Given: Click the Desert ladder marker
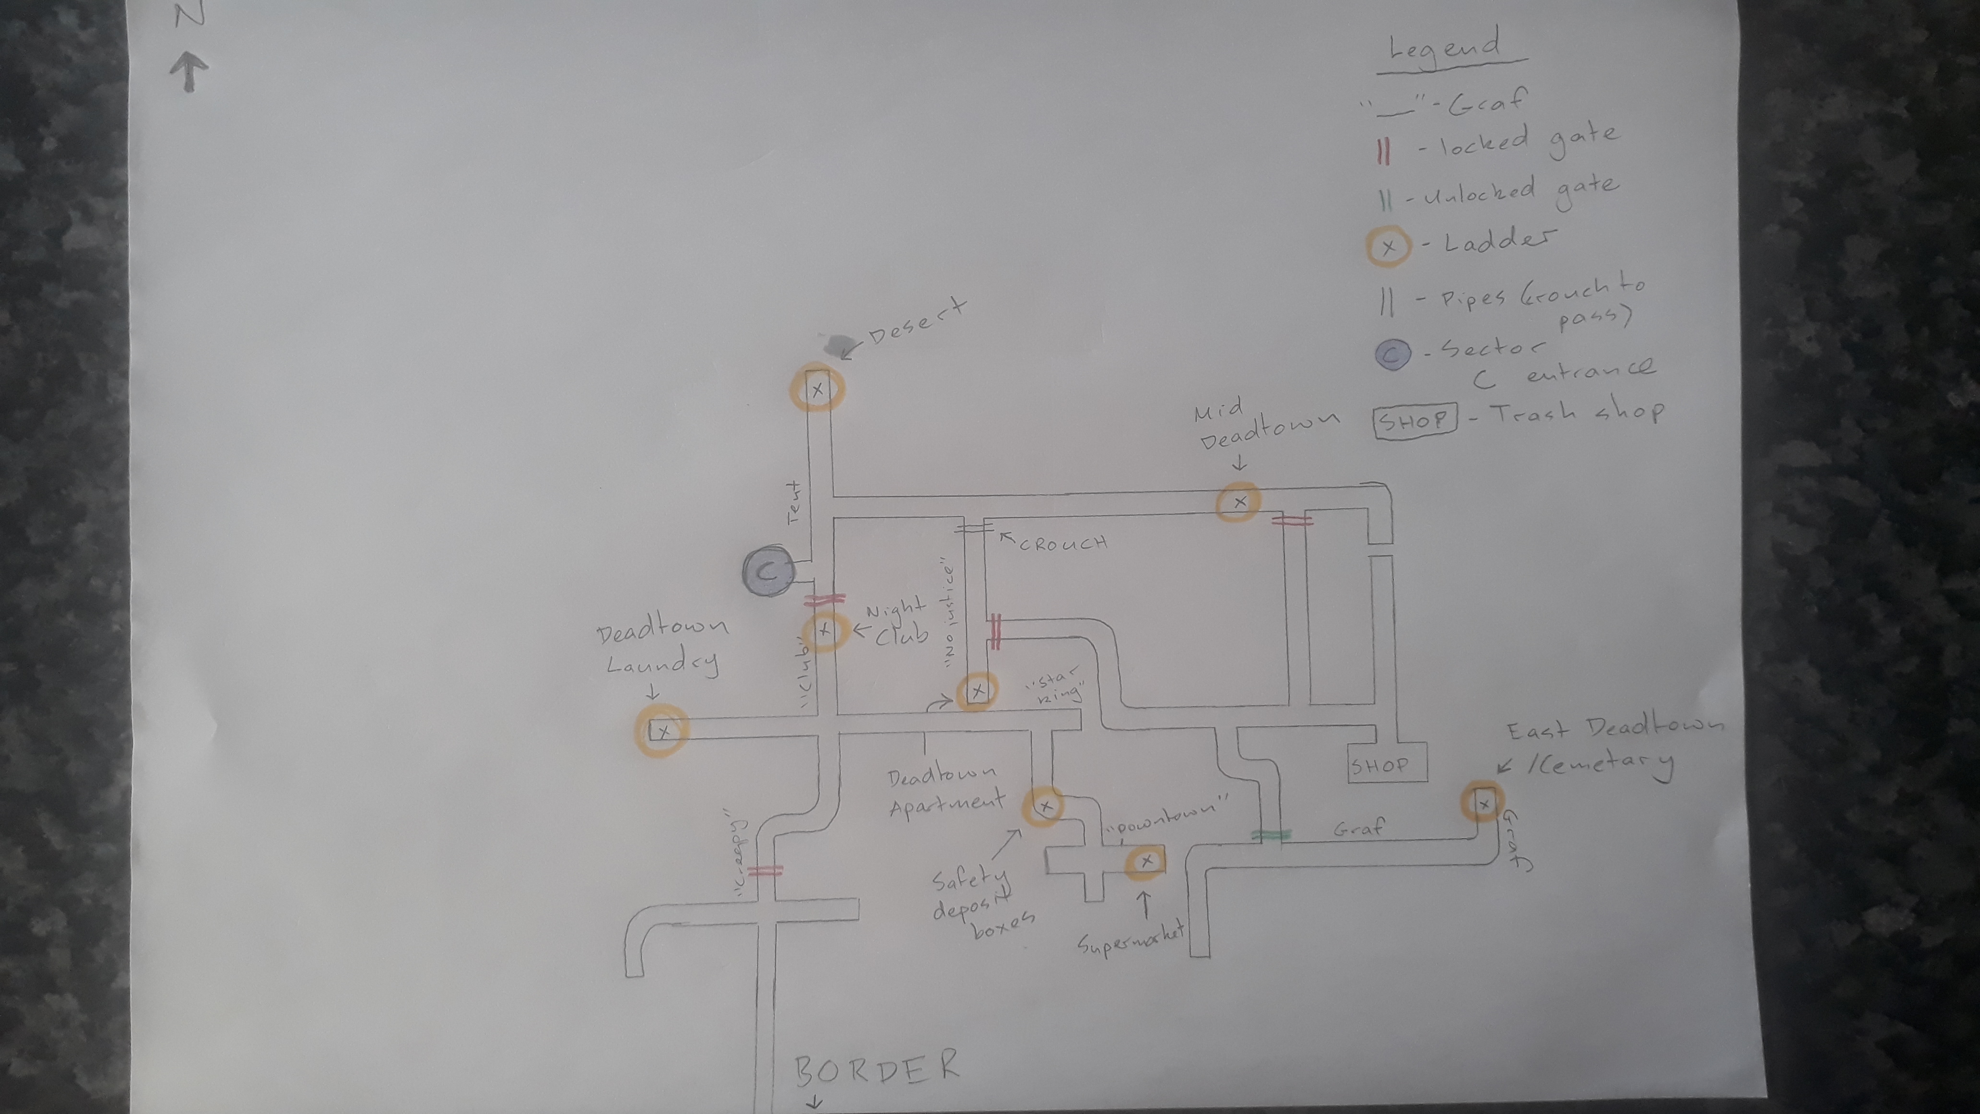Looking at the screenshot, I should coord(817,389).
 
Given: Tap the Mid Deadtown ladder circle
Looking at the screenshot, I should coord(1239,502).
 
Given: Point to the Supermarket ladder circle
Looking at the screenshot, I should coord(1146,861).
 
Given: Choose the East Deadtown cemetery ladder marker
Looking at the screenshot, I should coord(1483,804).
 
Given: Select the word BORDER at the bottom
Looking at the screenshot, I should coord(876,1067).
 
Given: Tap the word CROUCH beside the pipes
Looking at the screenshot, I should coord(1063,543).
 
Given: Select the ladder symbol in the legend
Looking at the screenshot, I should coord(1388,248).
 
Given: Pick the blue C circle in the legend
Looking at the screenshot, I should coord(1393,353).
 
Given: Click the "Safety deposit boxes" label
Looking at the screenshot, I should coord(980,900).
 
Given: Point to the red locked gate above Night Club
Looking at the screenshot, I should coord(824,599).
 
